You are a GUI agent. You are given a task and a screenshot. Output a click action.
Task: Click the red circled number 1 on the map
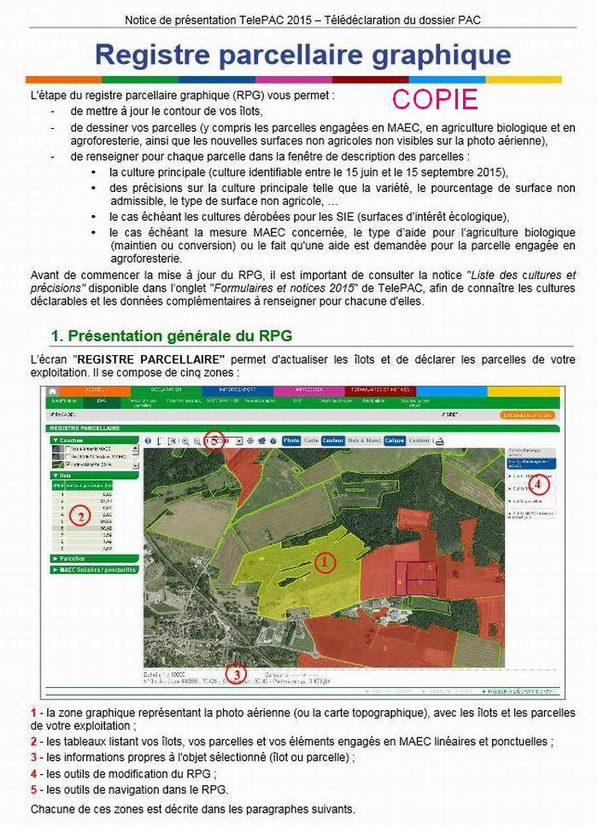324,562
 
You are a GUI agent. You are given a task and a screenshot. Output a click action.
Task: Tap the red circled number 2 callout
79,515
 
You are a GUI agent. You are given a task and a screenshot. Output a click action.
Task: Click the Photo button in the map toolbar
291,440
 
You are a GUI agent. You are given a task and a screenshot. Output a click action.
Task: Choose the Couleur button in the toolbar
333,440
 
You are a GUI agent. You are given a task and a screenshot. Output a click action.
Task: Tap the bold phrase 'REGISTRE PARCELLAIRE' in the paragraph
150,359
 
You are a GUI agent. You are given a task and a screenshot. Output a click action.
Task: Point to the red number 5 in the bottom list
33,789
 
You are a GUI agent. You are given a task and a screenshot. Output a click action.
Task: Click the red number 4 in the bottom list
33,773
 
